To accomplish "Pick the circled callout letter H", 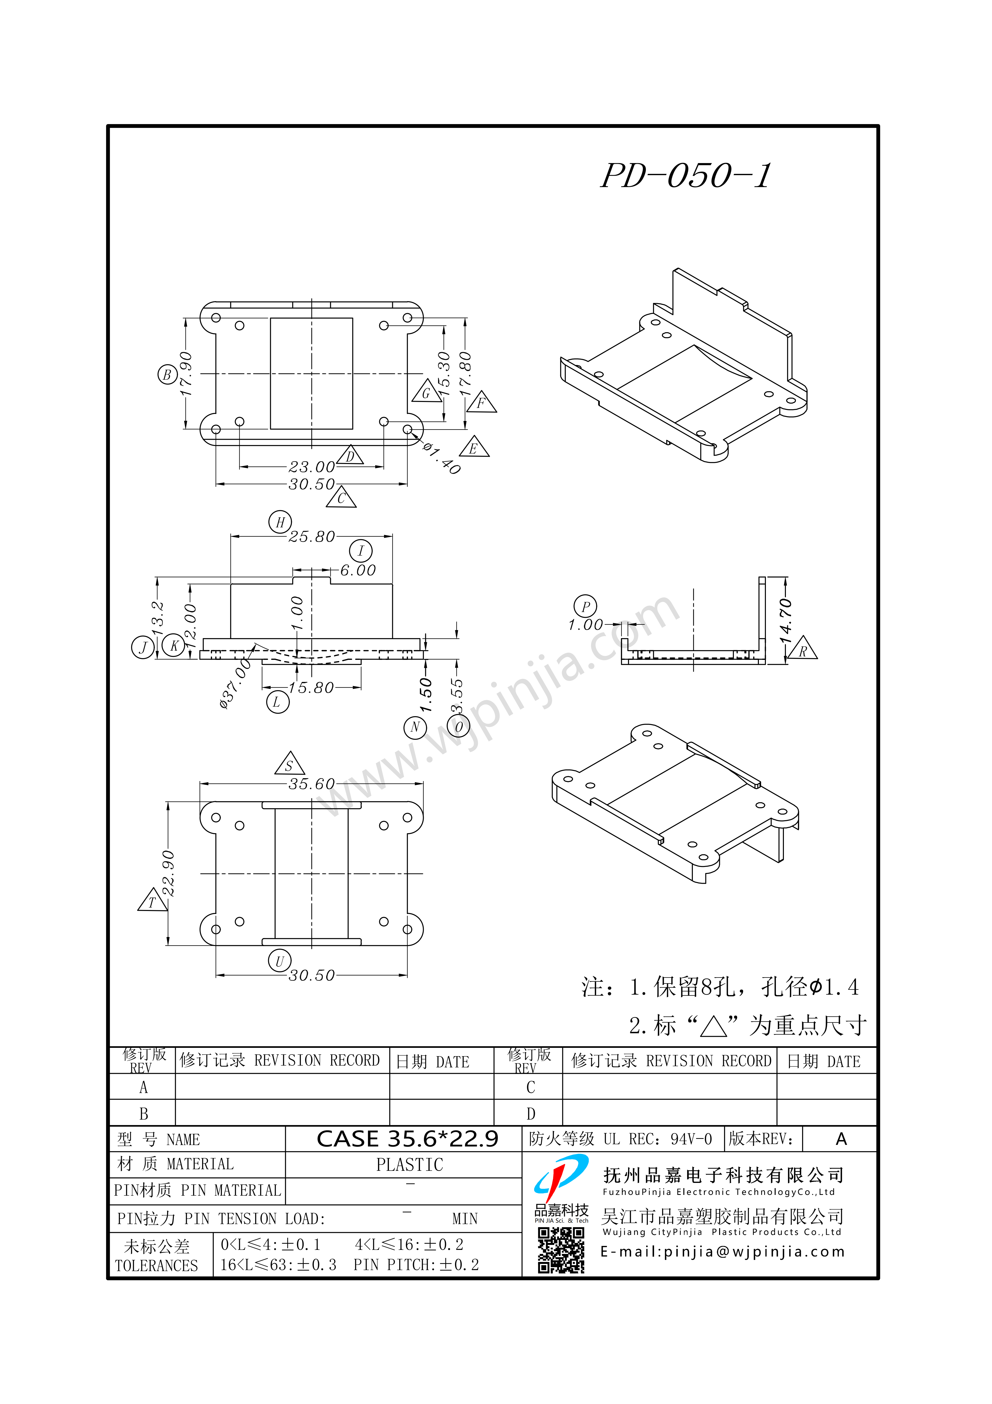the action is coord(280,522).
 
